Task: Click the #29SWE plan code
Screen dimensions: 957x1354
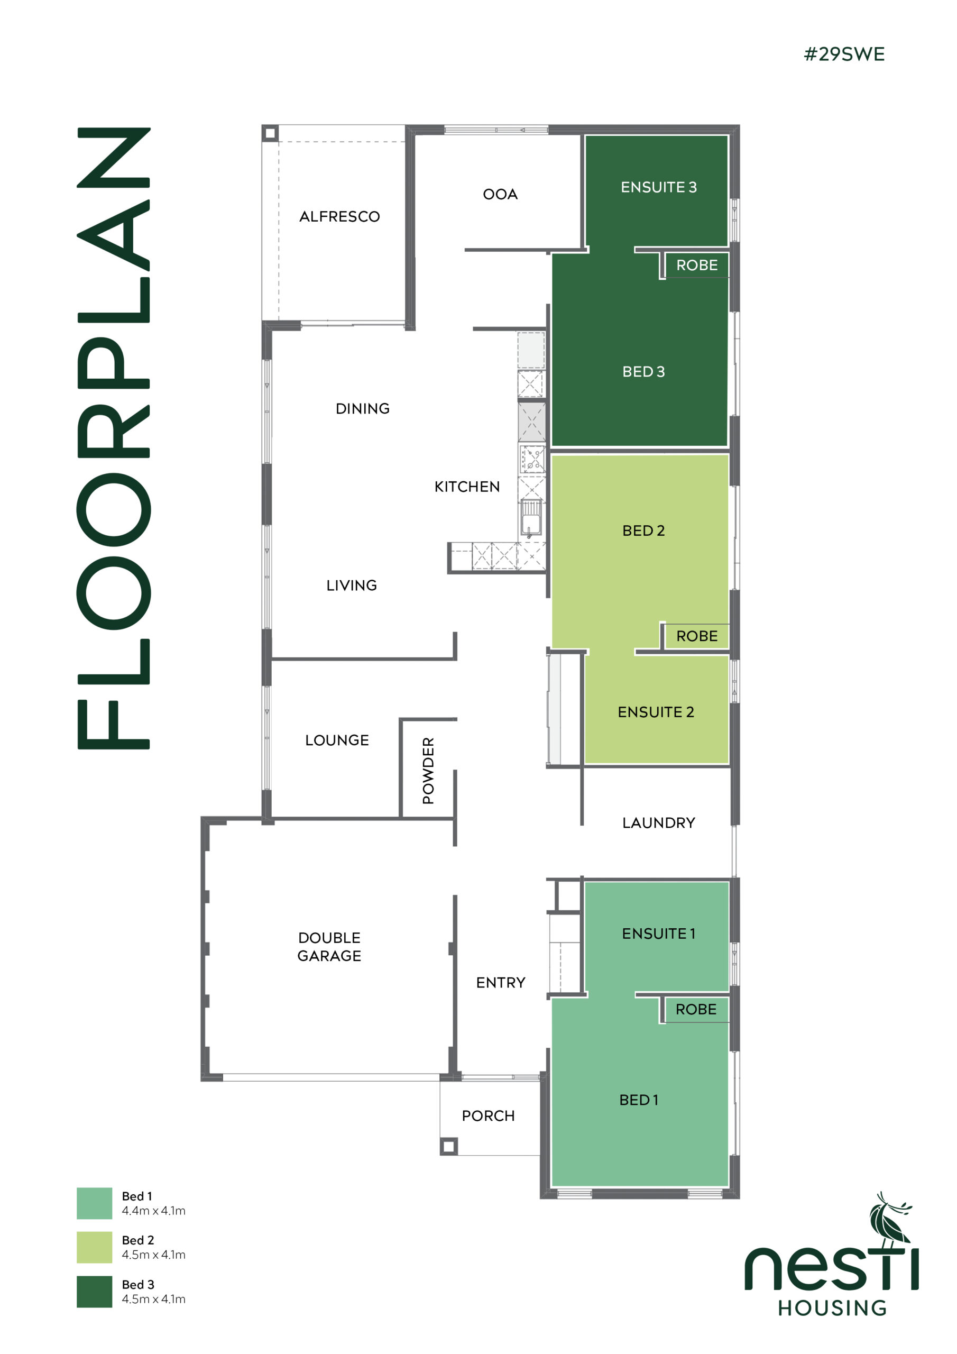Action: (x=844, y=54)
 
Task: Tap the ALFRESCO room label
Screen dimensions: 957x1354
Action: (x=339, y=216)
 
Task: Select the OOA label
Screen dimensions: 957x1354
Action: (x=500, y=194)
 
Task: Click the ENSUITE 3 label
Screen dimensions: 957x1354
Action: (x=659, y=187)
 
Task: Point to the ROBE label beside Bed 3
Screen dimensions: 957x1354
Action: (x=697, y=266)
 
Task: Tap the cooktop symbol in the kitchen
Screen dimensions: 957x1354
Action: (x=532, y=459)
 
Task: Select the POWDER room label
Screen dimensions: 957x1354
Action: (x=428, y=770)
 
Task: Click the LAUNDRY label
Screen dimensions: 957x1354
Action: (x=659, y=822)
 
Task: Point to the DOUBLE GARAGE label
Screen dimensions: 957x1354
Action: (x=329, y=947)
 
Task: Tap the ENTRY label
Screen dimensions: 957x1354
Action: (x=501, y=983)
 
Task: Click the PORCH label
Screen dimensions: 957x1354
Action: (x=488, y=1116)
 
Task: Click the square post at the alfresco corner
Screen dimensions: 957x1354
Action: (x=270, y=133)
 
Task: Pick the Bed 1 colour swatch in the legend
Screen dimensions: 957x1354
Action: (x=94, y=1203)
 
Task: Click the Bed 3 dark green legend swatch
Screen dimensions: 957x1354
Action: (x=94, y=1292)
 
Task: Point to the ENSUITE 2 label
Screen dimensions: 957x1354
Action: (x=656, y=712)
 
